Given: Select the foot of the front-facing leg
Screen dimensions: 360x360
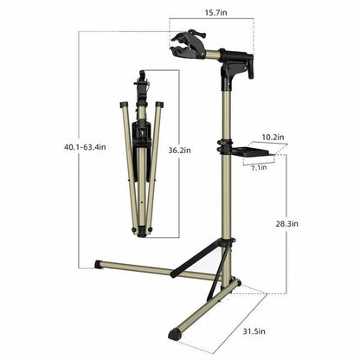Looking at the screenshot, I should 176,332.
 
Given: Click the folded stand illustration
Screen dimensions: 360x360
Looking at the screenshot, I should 142,156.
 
